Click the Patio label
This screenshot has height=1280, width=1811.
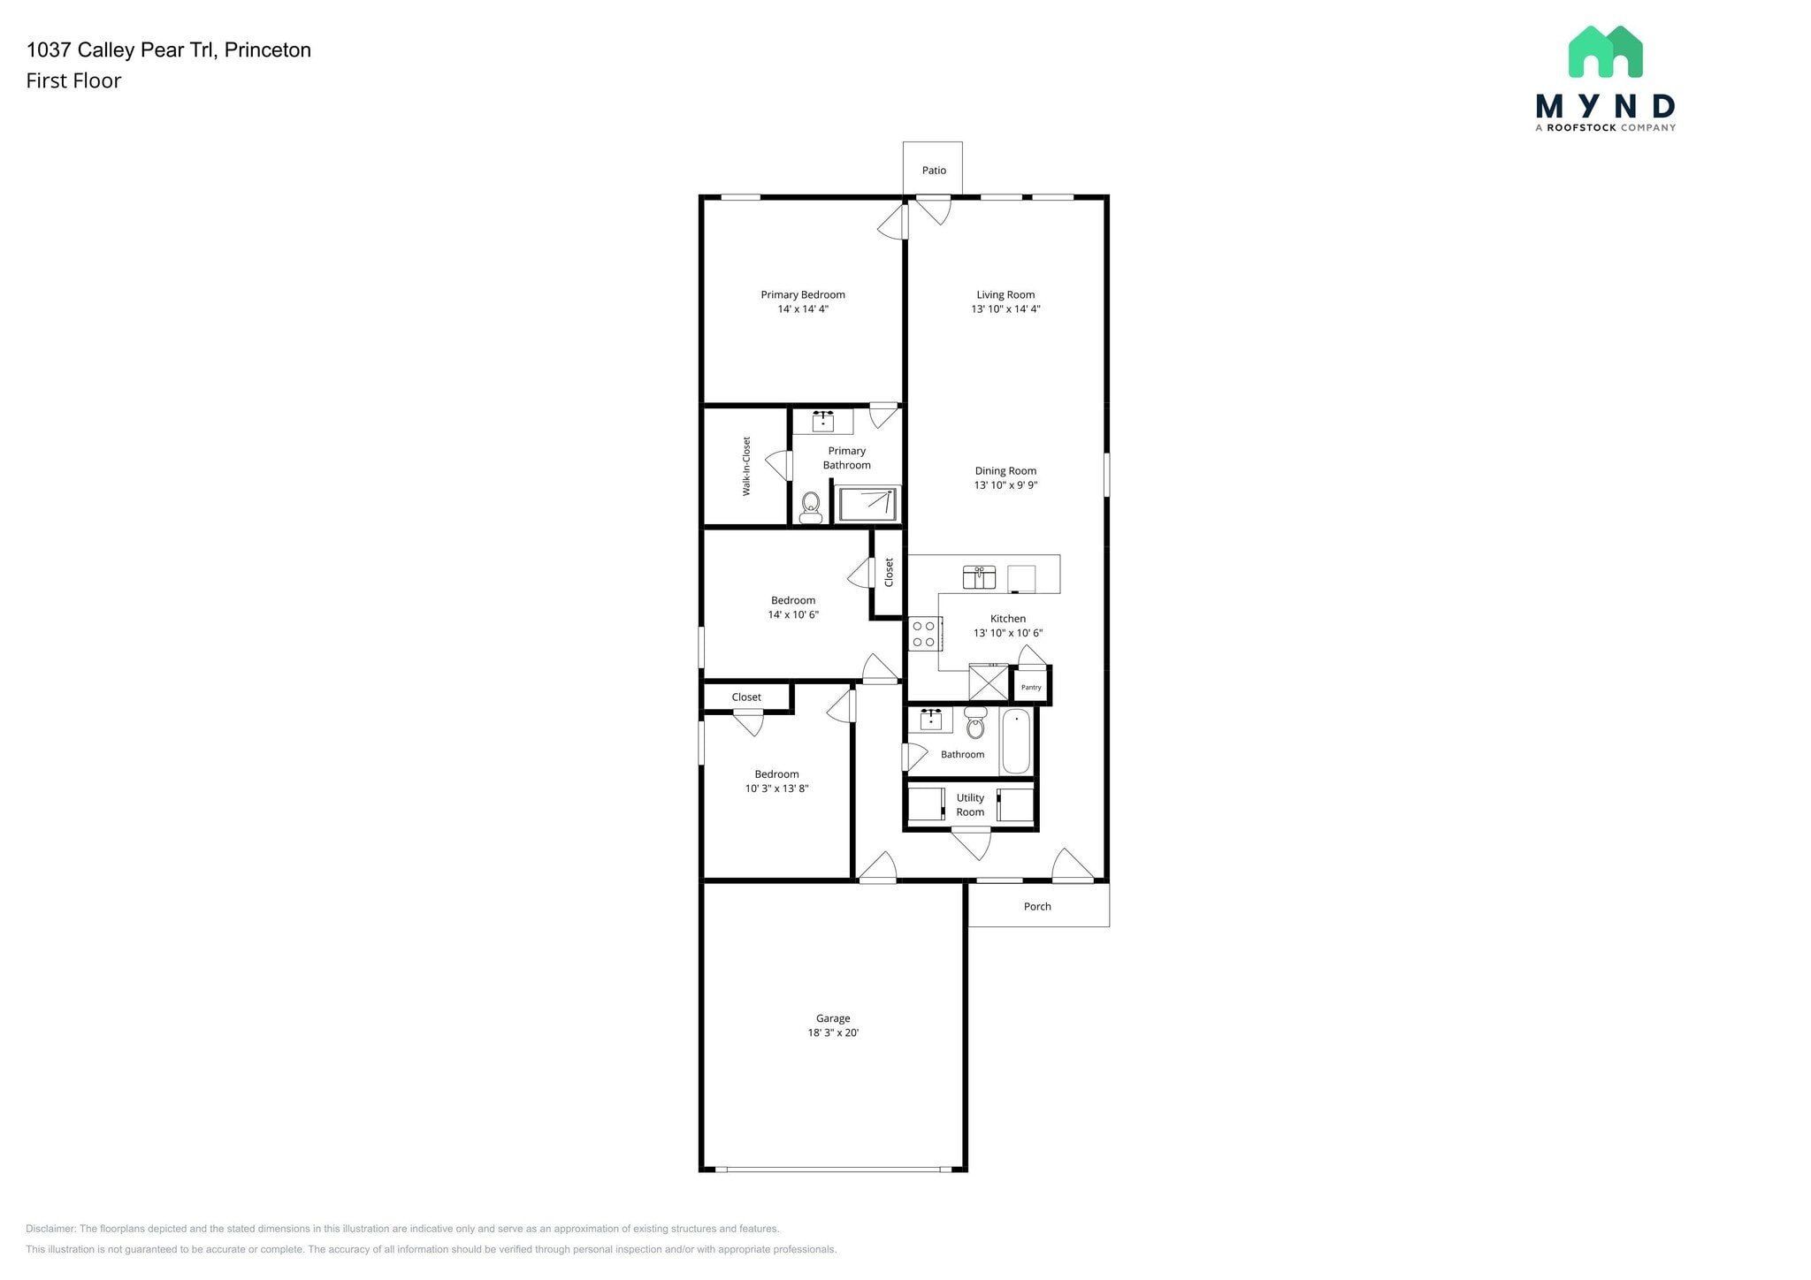pos(934,171)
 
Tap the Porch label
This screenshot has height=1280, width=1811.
pos(1037,906)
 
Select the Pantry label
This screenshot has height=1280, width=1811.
pos(1031,687)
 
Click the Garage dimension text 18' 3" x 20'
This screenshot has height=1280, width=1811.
pos(833,1032)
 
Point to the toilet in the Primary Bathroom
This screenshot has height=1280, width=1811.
pos(810,507)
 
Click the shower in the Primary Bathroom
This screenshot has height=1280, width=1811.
pos(868,504)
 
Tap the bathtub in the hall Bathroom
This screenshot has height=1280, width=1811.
pos(1016,741)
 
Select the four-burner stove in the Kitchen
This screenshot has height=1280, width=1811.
pos(923,634)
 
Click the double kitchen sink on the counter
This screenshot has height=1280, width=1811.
pos(979,577)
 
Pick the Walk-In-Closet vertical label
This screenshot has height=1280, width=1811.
pos(746,466)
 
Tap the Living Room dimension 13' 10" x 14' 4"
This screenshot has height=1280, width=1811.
pos(1005,309)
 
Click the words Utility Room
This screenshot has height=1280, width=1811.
pos(970,804)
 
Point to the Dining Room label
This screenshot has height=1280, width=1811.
pos(1005,471)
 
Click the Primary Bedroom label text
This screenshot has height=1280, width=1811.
pos(803,295)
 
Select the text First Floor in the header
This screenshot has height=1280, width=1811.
pos(73,80)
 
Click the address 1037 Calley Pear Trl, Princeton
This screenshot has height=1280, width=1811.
pos(169,50)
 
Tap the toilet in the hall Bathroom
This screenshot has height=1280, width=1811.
pos(975,724)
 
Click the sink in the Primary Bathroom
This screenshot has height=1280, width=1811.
pos(823,421)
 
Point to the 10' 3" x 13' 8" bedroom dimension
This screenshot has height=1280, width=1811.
pos(776,789)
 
